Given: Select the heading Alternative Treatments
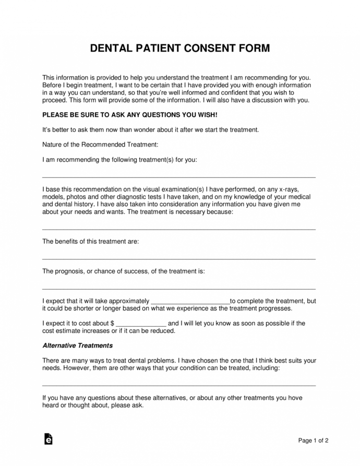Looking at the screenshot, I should (x=77, y=345).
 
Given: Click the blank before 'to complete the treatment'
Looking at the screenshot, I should (x=190, y=302).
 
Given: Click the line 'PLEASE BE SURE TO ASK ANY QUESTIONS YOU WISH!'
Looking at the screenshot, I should (x=129, y=114).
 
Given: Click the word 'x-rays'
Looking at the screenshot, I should (x=287, y=189).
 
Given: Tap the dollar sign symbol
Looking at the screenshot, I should (x=112, y=324).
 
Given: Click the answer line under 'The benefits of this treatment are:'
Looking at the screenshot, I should (x=178, y=259).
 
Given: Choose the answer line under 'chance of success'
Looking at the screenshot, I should (x=178, y=289).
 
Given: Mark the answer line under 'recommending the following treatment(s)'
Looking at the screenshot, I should (x=178, y=178).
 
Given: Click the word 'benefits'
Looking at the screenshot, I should (x=68, y=242).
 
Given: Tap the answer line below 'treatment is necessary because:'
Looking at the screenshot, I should (x=178, y=229).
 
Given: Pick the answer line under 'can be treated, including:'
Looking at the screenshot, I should (x=178, y=385).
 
